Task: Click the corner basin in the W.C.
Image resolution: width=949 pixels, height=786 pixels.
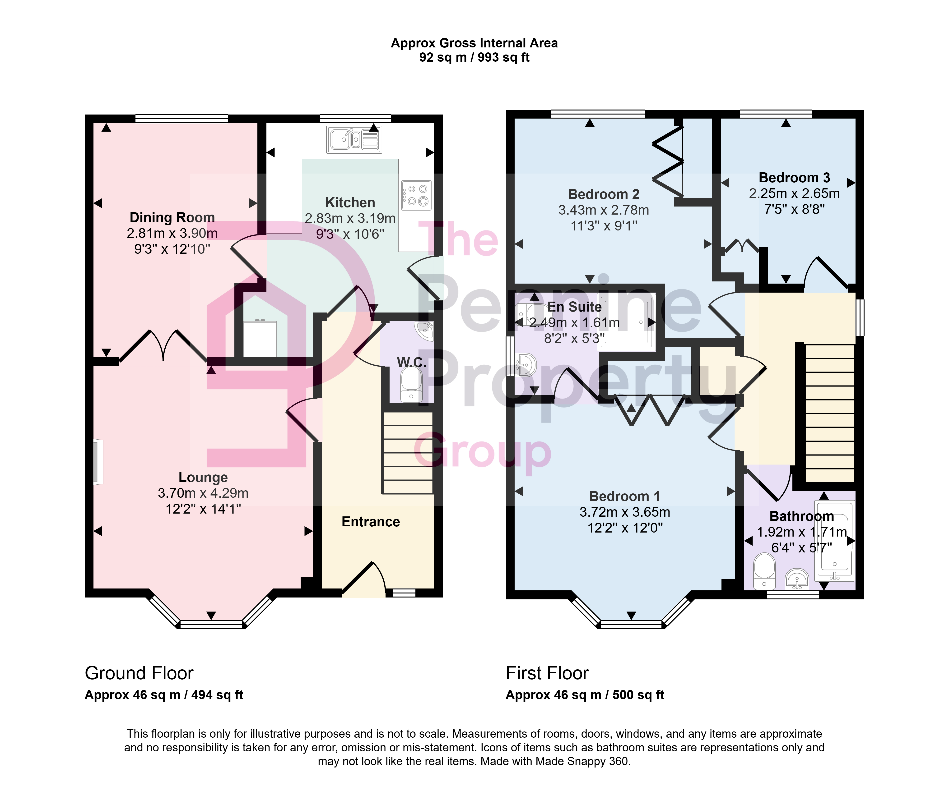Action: click(x=424, y=330)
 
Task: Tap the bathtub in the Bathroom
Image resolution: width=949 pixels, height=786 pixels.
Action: click(x=834, y=541)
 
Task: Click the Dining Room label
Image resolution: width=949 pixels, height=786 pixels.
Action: click(x=172, y=217)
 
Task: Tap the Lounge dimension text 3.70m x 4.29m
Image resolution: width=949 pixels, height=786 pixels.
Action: click(x=203, y=493)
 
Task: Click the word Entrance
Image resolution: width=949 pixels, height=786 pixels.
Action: click(x=371, y=522)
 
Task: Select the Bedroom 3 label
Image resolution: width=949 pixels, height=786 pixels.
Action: click(x=794, y=178)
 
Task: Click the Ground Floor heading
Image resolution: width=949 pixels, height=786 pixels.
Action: click(x=139, y=673)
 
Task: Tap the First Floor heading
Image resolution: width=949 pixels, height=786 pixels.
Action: click(x=547, y=673)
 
